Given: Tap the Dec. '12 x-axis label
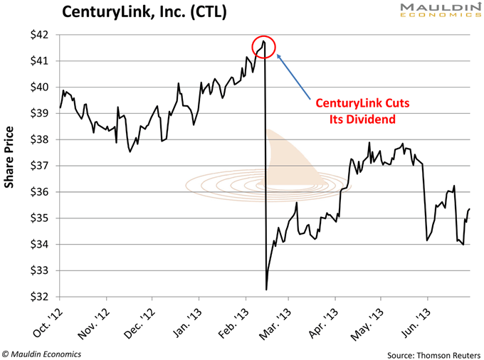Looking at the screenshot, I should (140, 319).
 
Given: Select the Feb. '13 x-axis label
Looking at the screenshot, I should (233, 319).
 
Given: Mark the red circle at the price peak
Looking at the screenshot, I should (264, 46).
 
